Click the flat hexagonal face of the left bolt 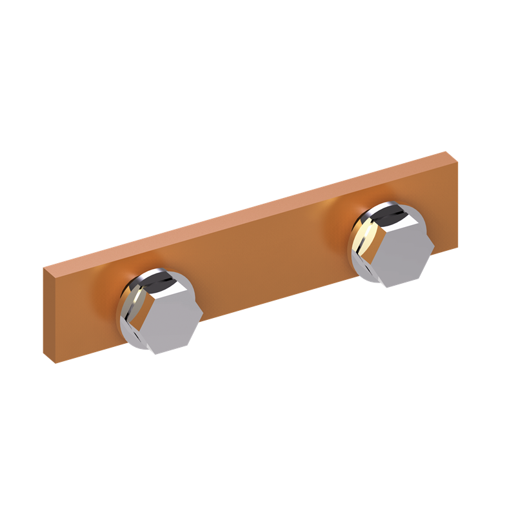[x=170, y=321]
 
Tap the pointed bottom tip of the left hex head [x=155, y=353]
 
